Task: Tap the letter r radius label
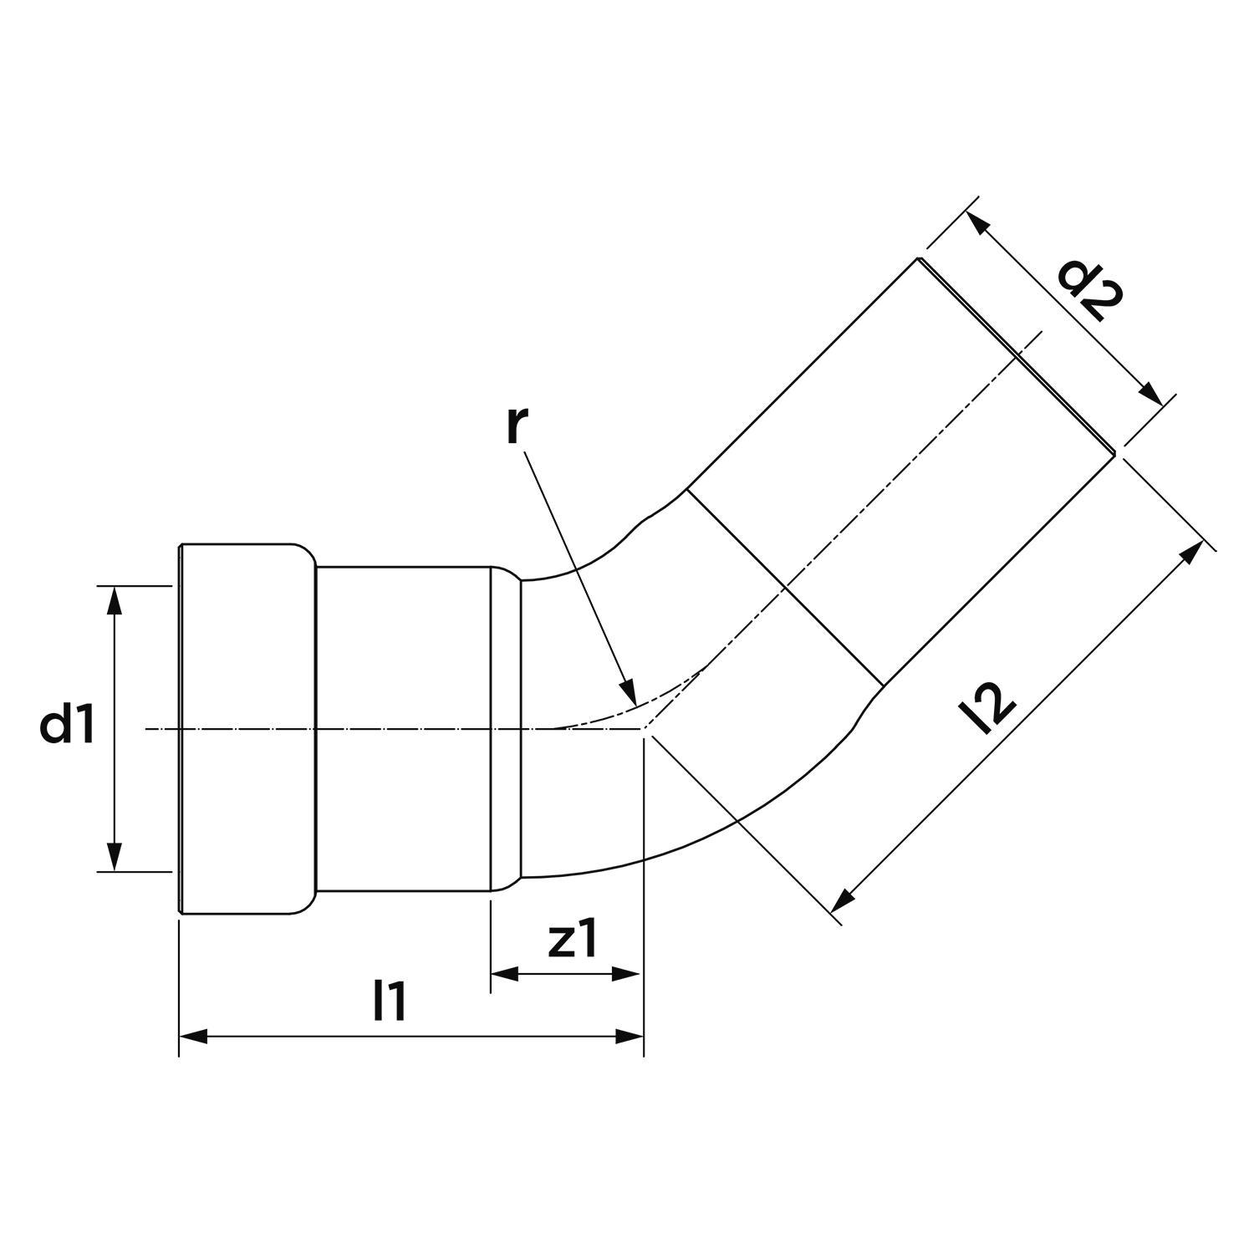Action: (517, 426)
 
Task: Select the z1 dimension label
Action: (573, 941)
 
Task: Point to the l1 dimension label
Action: (390, 1001)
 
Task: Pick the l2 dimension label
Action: (987, 706)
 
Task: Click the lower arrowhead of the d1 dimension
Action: (115, 858)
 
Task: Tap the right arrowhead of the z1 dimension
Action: (629, 973)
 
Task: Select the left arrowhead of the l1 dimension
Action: (193, 1037)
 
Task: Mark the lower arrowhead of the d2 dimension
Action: (1154, 396)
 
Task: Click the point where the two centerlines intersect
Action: (643, 729)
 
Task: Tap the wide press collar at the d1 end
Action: (247, 727)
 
